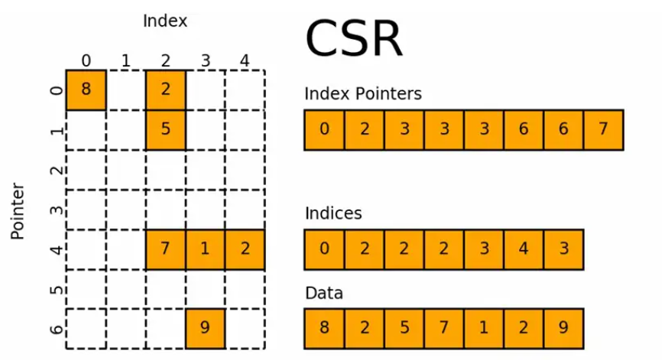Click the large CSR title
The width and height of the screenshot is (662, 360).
(353, 40)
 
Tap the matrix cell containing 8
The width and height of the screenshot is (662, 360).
(86, 89)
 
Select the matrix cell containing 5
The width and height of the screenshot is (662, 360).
(165, 129)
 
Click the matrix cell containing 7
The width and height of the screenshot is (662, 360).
(165, 249)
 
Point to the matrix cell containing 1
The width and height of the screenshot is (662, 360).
(205, 249)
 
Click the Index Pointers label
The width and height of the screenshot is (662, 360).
(362, 94)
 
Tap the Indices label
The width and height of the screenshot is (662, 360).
(333, 213)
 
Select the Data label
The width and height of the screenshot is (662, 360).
(324, 293)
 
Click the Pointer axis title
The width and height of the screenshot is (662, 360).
(19, 211)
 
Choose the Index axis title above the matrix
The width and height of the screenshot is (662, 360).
(165, 21)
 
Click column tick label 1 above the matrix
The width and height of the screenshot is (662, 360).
(125, 60)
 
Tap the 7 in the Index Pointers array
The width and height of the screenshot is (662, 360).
(603, 129)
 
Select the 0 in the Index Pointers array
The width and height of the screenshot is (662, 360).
(324, 129)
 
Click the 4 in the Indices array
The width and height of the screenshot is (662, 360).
(524, 249)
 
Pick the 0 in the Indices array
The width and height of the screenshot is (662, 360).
(324, 249)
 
